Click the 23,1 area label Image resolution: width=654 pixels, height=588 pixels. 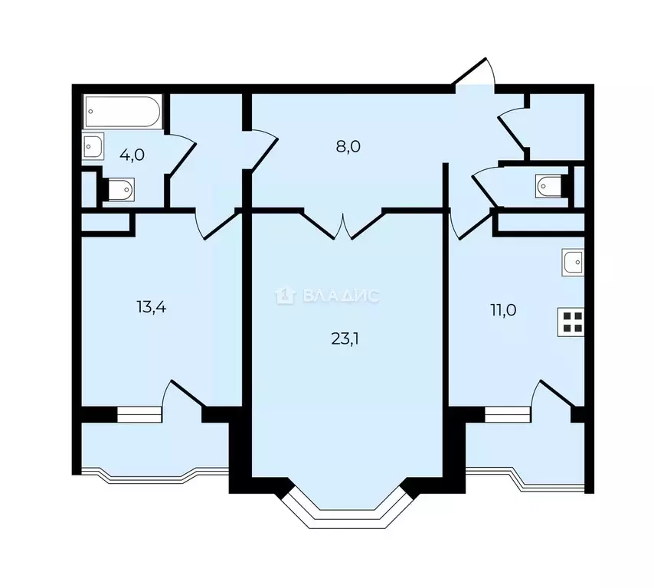pos(345,339)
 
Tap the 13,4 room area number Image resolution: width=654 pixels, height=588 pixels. pos(152,307)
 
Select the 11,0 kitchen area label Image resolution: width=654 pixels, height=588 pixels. pos(503,310)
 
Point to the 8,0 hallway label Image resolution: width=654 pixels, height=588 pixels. pos(348,147)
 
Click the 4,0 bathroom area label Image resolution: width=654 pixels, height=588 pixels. pos(132,155)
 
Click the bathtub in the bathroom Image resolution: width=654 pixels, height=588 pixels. pos(123,112)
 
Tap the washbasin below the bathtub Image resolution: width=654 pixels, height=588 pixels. pos(93,146)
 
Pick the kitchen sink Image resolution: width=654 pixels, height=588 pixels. pos(573,262)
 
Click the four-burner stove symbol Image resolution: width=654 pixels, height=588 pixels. pos(571,322)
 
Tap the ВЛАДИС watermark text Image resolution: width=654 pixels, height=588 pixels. pos(341,296)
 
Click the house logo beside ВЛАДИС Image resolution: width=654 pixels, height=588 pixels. pos(285,296)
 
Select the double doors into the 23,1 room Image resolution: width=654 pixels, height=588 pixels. pos(343,226)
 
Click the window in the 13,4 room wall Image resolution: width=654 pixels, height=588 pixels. pos(139,415)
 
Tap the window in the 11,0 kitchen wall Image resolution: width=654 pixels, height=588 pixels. pos(508,415)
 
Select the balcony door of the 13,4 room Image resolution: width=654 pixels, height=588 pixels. pos(183,394)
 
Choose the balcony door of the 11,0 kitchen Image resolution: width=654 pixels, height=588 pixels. pos(553,394)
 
